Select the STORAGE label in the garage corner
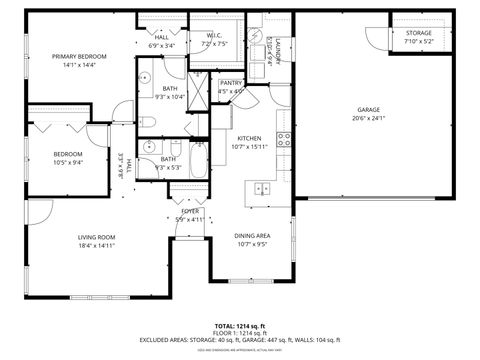tap(419, 33)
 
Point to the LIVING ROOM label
tap(97, 237)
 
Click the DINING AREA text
tap(251, 236)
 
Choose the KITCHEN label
tap(249, 139)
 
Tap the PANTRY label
tap(232, 83)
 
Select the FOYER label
tap(190, 212)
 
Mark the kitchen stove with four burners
tap(284, 138)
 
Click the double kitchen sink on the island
tap(263, 187)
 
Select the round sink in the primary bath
tap(145, 76)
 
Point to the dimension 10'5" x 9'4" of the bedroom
tap(67, 162)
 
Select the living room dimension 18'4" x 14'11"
tap(97, 245)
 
